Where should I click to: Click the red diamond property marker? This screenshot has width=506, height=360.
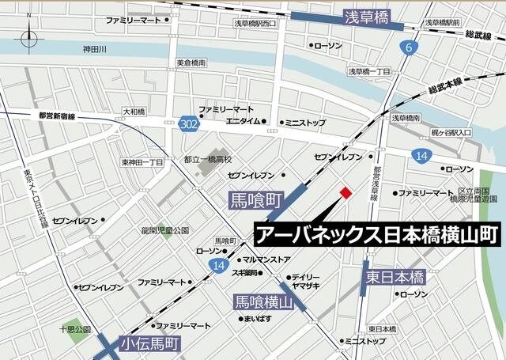345,193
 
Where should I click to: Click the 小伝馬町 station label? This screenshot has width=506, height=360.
151,344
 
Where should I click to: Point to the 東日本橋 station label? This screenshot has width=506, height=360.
395,277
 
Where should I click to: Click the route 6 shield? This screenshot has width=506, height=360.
409,49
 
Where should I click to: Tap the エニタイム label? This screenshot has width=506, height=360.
243,122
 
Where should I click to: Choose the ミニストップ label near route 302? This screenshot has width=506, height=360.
305,122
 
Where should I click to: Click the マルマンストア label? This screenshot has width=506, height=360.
266,260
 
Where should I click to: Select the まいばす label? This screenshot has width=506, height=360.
259,320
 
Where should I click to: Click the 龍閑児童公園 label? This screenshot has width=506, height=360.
165,230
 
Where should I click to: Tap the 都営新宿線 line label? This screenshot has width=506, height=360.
57,116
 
